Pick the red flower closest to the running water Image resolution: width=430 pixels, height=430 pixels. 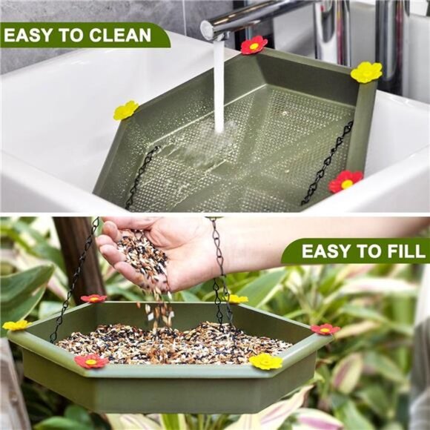pos(254,45)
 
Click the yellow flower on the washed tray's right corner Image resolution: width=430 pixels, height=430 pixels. pos(366,72)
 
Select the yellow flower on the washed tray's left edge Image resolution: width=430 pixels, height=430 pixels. pos(125,110)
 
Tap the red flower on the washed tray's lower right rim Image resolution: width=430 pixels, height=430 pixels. pos(345,181)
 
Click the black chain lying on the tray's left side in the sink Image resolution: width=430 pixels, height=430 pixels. pos(142,176)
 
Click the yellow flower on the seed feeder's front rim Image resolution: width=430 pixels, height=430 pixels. pos(265,361)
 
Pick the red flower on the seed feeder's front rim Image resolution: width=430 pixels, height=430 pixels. pos(90,361)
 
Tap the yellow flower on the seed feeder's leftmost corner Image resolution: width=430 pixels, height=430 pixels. pos(16,325)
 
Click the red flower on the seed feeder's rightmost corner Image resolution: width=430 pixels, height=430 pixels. pos(325,328)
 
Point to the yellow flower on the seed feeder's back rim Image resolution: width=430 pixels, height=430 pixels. pos(237,299)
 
